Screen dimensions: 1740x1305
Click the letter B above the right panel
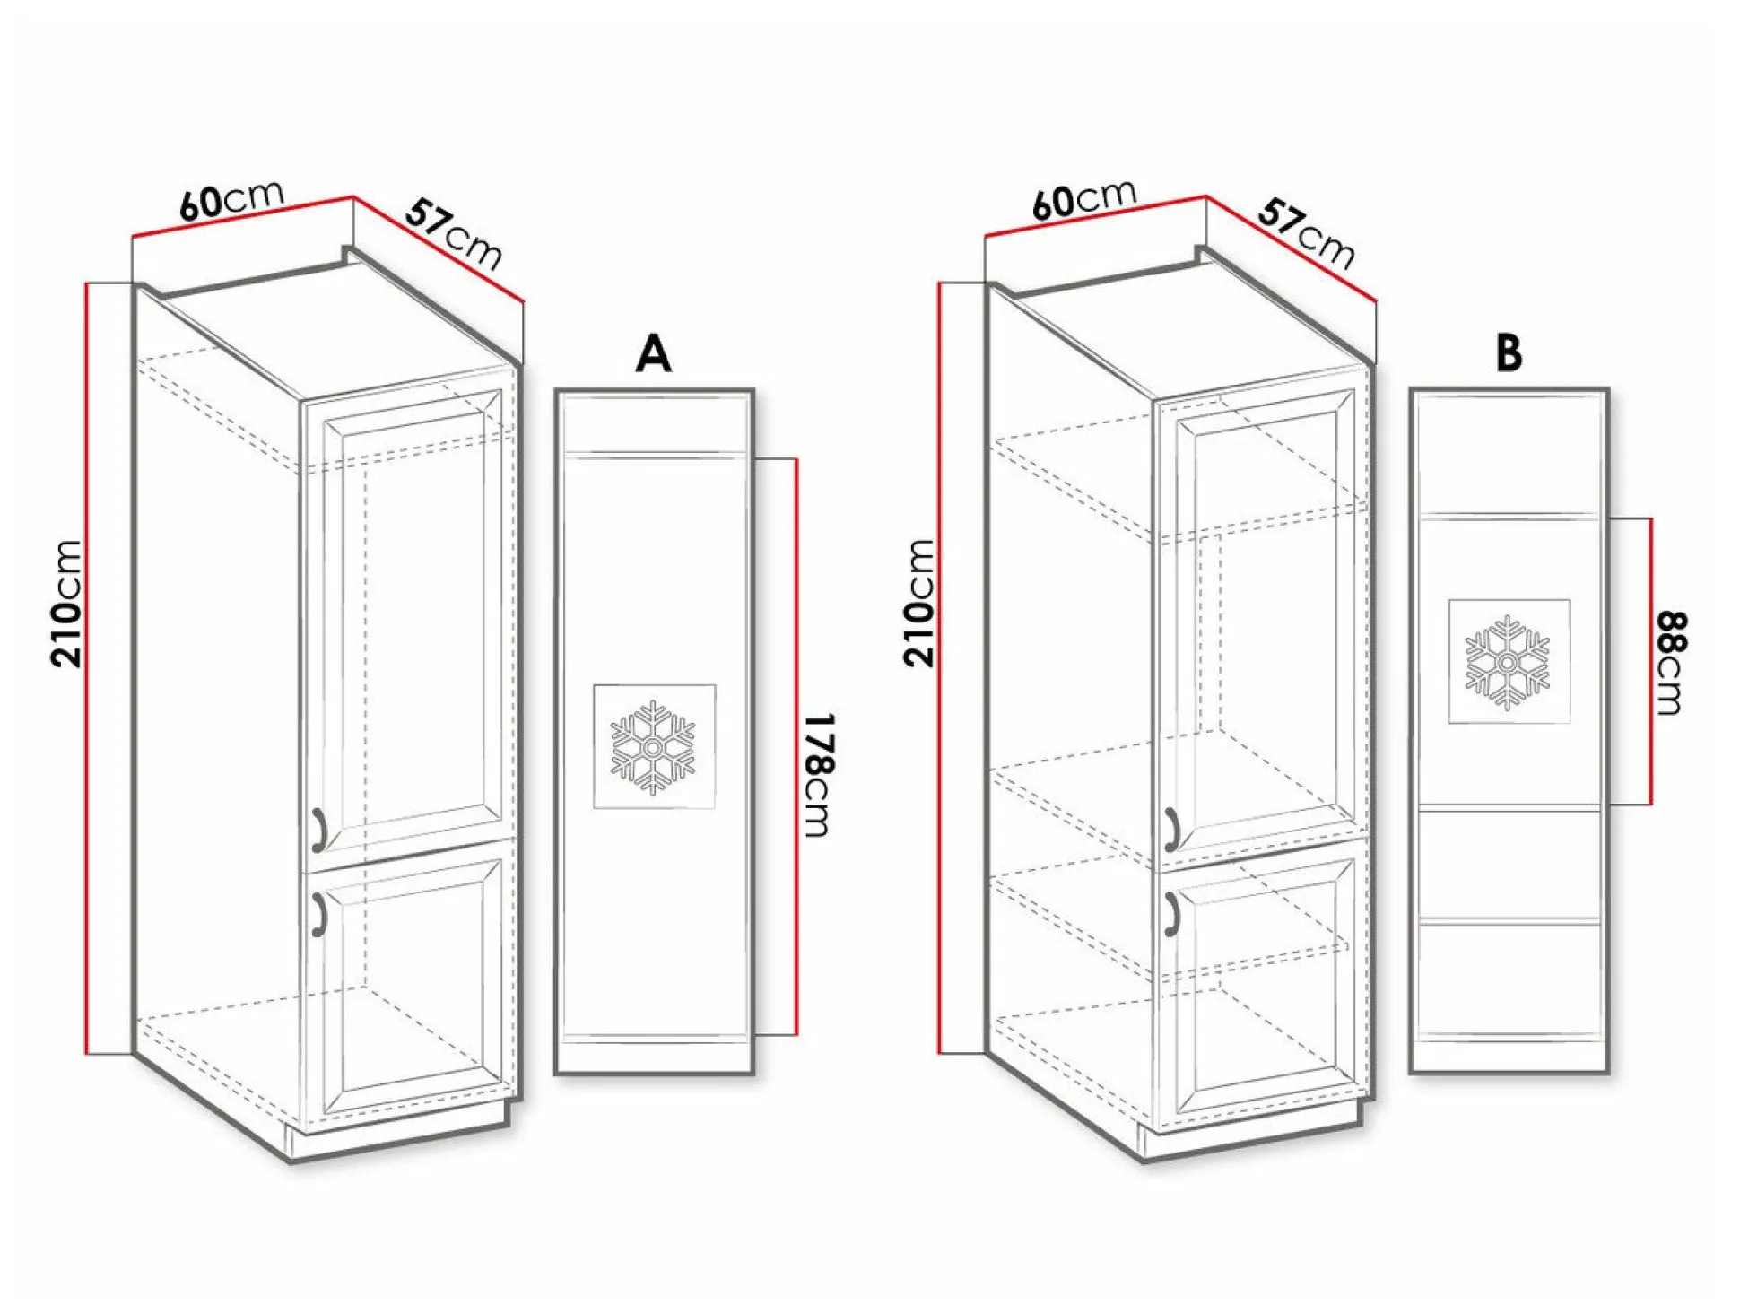click(x=1509, y=352)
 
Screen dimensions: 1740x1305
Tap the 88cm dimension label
click(x=1671, y=663)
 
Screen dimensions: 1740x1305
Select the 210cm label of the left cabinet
click(x=67, y=604)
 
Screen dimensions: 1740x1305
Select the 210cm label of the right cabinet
click(x=919, y=603)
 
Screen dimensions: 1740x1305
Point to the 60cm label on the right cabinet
click(x=1084, y=199)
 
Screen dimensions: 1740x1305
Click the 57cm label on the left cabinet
click(x=454, y=234)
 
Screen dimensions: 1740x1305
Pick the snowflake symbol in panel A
click(x=654, y=747)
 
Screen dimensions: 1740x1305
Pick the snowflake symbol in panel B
click(x=1508, y=662)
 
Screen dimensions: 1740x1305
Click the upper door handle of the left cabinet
click(x=318, y=829)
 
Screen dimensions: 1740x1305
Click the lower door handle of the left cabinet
click(x=318, y=914)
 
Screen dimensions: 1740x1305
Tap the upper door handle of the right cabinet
click(x=1170, y=829)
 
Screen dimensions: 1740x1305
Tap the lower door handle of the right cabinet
click(x=1170, y=914)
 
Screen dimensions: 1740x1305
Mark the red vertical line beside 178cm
click(x=796, y=747)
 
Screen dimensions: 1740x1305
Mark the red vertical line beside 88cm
click(x=1650, y=661)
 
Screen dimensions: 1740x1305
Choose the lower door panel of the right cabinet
click(x=1264, y=987)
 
